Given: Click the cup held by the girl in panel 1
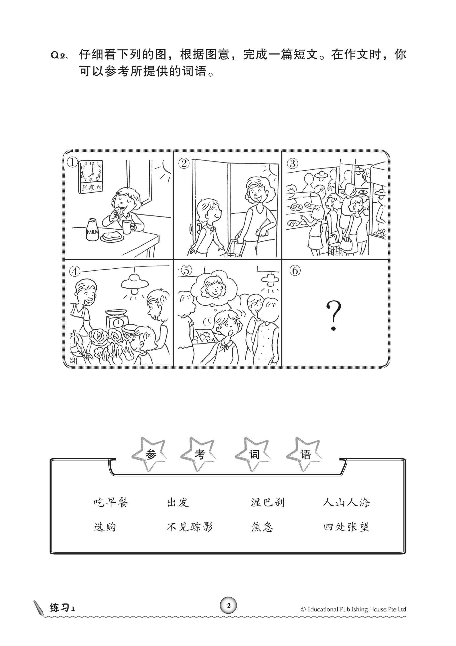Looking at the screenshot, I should point(127,227).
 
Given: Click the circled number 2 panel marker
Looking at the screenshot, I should point(184,163).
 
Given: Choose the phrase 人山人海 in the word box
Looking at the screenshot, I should point(346,502).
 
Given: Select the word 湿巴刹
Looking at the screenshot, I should point(268,502).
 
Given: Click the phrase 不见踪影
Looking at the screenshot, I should point(190,527).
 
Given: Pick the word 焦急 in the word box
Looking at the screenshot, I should point(262,527).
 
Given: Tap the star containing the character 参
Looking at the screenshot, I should point(150,454).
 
